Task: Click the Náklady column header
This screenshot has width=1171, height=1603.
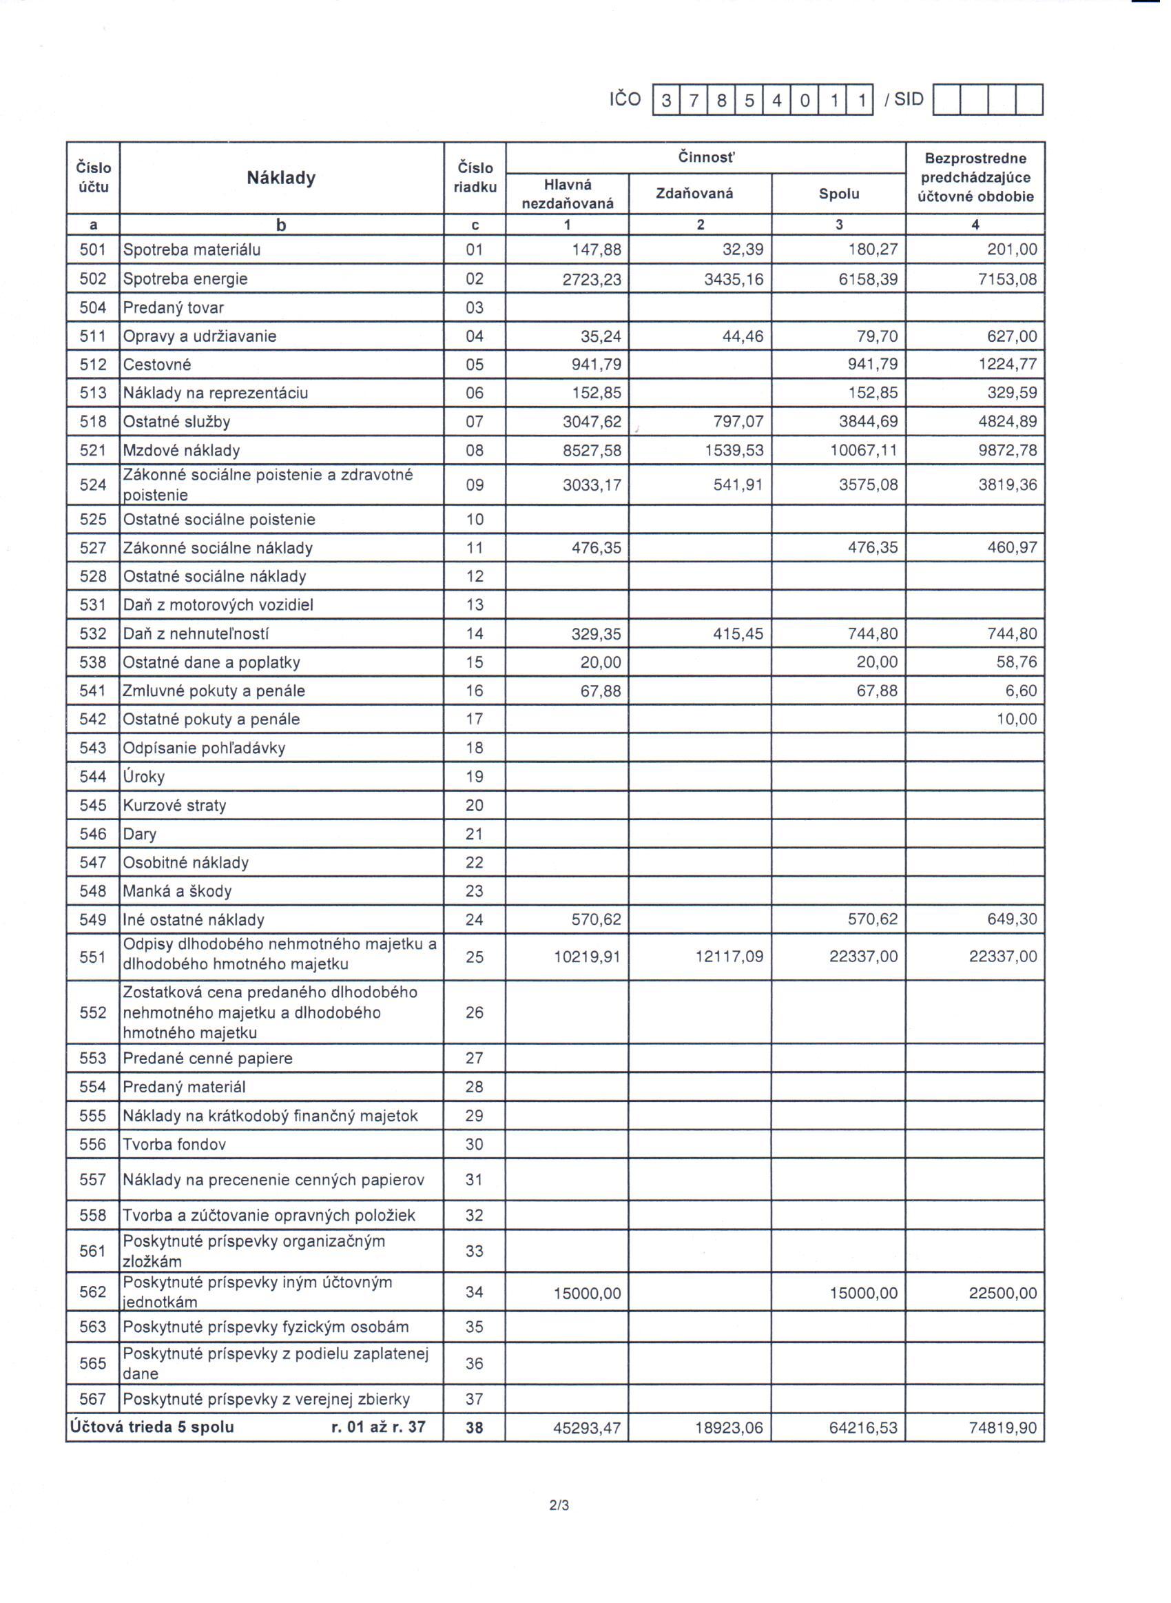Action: pyautogui.click(x=281, y=178)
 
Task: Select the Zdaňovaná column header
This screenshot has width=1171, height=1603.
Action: pyautogui.click(x=694, y=194)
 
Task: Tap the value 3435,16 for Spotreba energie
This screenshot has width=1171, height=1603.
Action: pyautogui.click(x=734, y=279)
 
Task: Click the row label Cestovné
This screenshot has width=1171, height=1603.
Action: pyautogui.click(x=156, y=365)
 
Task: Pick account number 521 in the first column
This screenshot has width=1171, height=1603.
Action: pyautogui.click(x=93, y=450)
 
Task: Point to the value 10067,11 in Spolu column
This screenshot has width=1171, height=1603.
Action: pyautogui.click(x=863, y=450)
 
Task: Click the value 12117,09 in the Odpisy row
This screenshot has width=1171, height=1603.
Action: pyautogui.click(x=729, y=957)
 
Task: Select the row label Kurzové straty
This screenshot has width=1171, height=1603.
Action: pyautogui.click(x=174, y=806)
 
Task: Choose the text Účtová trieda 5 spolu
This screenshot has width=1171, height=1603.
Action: pyautogui.click(x=152, y=1427)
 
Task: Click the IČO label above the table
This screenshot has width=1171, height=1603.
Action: pyautogui.click(x=625, y=99)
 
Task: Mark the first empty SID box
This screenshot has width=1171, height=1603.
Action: pyautogui.click(x=946, y=100)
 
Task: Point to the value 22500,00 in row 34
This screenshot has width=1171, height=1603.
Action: pyautogui.click(x=1002, y=1293)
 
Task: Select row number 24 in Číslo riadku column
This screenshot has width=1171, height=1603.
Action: pyautogui.click(x=474, y=919)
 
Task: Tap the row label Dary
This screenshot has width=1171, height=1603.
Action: pyautogui.click(x=140, y=834)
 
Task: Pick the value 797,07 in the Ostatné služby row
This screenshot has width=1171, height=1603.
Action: pyautogui.click(x=738, y=422)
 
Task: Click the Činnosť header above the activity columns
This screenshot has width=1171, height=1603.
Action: pyautogui.click(x=706, y=157)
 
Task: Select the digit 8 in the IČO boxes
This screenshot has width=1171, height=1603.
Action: pyautogui.click(x=722, y=101)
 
